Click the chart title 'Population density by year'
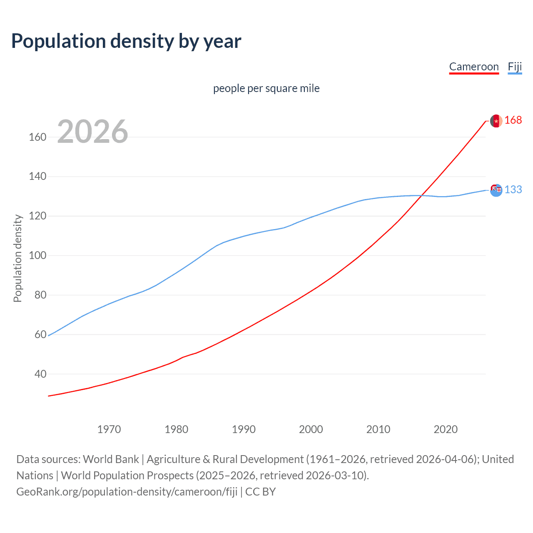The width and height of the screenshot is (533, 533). point(126,41)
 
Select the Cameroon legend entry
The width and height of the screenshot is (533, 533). point(474,67)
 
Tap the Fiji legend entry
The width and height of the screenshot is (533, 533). point(515,67)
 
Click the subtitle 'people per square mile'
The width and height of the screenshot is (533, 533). point(266,88)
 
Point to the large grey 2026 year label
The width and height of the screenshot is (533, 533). point(92,132)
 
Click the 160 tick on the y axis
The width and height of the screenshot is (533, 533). point(37,137)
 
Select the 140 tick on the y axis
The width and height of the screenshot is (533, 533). point(37,177)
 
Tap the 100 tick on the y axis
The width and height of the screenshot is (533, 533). point(37,255)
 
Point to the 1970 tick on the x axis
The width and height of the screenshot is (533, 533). point(109,429)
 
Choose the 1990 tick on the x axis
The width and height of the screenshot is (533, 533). point(244,429)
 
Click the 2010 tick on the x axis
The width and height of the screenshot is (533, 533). point(378,429)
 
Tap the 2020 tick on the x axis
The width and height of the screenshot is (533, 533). point(446,429)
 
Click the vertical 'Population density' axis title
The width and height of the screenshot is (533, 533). point(17,258)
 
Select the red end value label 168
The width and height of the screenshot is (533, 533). point(513,120)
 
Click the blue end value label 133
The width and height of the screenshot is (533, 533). point(513,190)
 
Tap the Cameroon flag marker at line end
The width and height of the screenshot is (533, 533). point(496,121)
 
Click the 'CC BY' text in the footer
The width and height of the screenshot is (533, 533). point(261,492)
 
